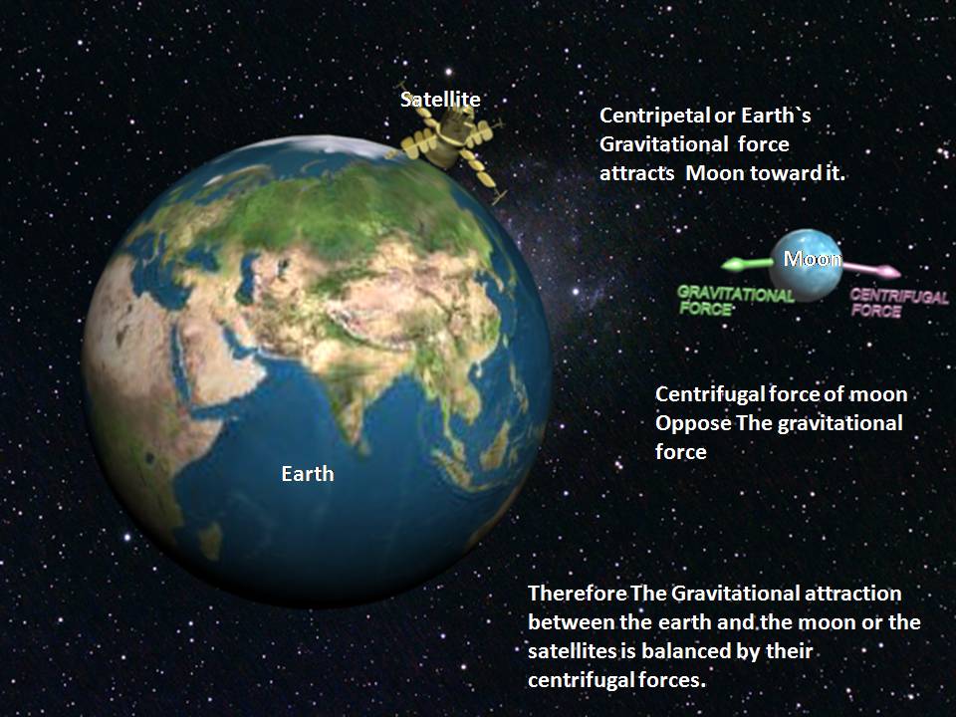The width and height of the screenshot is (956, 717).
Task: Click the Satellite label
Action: click(x=440, y=100)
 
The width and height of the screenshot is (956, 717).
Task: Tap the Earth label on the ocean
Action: click(x=308, y=474)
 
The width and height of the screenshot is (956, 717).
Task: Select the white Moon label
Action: click(x=813, y=259)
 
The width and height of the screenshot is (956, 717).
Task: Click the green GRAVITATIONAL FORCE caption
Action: click(x=735, y=301)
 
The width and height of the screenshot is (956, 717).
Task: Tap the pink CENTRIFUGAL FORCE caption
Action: click(x=898, y=303)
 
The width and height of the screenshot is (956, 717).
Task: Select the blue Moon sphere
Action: click(x=806, y=265)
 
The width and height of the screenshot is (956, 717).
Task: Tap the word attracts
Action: click(x=636, y=173)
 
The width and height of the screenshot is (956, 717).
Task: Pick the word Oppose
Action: click(x=693, y=424)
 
